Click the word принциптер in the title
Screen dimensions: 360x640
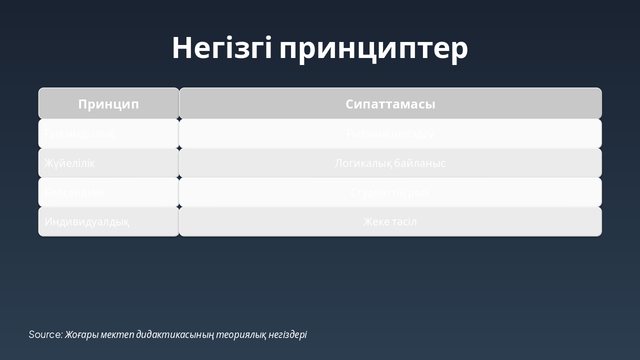pos(373,49)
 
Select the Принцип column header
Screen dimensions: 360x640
pos(108,104)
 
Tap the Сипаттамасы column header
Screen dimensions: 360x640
pos(390,104)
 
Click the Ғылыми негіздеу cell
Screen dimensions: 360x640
pos(390,134)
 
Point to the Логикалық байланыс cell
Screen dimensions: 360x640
pos(390,163)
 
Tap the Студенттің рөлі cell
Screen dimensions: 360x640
pos(390,192)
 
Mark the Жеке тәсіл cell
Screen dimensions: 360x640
pos(390,221)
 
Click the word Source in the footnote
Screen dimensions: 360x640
pos(45,334)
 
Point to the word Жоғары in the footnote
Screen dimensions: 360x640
pos(81,334)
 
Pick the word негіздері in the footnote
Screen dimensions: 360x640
pos(287,334)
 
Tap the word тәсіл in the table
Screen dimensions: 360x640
pos(404,221)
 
